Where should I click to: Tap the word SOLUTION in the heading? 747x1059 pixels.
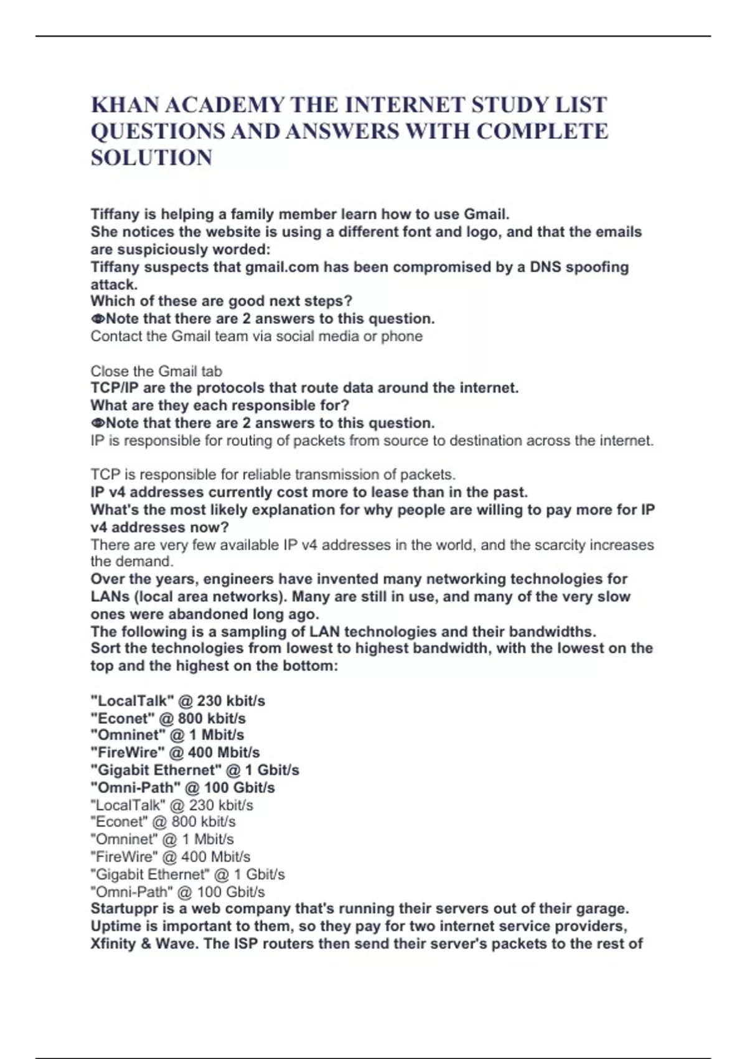coord(151,158)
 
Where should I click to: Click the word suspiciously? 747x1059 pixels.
coord(164,249)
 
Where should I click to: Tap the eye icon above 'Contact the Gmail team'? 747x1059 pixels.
coord(97,319)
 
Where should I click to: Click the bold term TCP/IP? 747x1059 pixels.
coord(115,388)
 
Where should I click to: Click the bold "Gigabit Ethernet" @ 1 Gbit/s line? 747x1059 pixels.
coord(195,771)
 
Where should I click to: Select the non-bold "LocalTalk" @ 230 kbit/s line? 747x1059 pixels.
coord(172,805)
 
